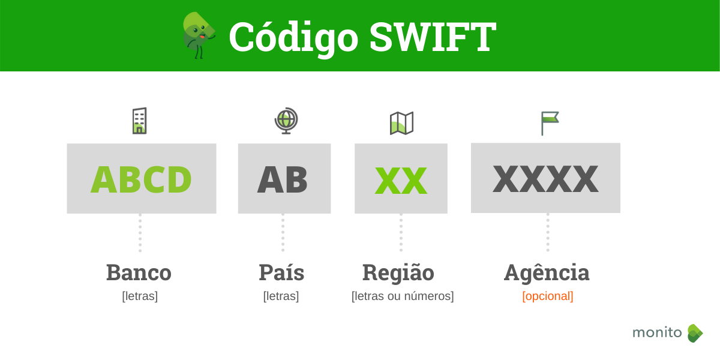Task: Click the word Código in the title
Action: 293,38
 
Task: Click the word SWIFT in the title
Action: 433,38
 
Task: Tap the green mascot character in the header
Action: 198,34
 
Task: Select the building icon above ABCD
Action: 139,121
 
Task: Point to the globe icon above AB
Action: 286,120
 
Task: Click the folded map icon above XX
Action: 401,123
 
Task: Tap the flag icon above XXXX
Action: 549,122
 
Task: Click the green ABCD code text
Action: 141,179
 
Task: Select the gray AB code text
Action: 283,179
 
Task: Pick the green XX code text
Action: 401,181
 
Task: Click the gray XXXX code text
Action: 545,179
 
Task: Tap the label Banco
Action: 139,272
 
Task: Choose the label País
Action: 281,272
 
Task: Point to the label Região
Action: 398,273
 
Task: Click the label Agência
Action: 547,273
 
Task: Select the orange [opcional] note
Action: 548,296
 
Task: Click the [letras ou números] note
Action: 403,296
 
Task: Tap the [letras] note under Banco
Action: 140,296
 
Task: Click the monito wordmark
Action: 657,332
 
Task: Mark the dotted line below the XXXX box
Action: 548,232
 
